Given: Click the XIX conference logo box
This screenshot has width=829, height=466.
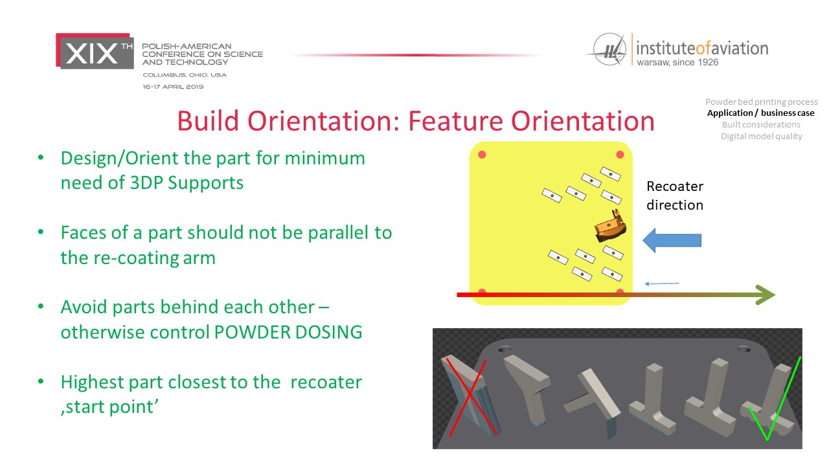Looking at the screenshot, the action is tap(95, 51).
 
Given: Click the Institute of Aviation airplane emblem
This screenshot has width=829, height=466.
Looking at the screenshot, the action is tap(608, 50).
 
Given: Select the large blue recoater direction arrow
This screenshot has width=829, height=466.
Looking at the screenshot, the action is tap(672, 240).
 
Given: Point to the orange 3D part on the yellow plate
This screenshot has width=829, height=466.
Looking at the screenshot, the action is tap(610, 226).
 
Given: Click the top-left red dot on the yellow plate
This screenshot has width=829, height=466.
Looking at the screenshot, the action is tap(482, 155).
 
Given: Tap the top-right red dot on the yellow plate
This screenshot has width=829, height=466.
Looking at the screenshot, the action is tap(620, 155).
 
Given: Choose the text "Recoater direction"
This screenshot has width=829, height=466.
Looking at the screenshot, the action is tap(675, 195).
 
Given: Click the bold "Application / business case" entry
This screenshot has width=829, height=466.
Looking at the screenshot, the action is tap(760, 113).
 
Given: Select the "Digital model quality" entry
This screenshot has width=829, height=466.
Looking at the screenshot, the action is tap(761, 136).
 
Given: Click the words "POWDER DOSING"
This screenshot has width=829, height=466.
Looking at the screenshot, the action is tap(288, 332).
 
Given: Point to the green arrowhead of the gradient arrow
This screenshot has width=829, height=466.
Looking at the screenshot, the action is tap(766, 294).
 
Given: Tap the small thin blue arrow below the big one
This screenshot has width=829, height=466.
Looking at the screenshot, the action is tap(662, 283).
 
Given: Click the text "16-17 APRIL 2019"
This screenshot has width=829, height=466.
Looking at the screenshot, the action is tap(173, 87).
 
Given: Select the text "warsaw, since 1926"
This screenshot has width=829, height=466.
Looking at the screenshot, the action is tap(677, 62).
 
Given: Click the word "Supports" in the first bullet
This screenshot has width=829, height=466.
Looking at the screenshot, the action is tap(206, 183).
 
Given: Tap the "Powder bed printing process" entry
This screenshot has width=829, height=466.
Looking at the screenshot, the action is tap(761, 102).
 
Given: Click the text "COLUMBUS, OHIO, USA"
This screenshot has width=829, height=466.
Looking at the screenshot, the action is tap(185, 75).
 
